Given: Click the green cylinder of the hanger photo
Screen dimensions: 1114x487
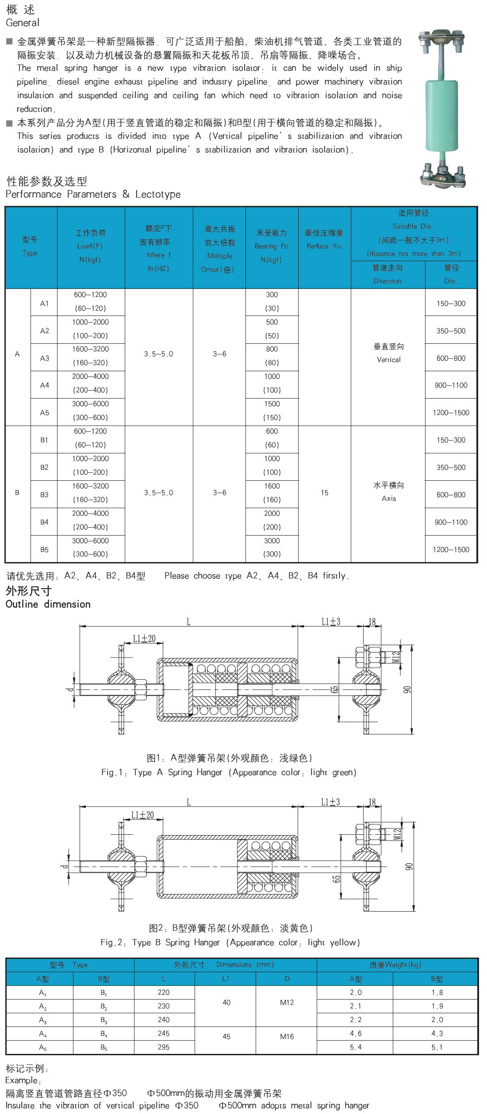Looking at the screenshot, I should click(442, 115).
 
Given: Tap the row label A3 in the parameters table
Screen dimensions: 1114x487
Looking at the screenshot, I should click(44, 358).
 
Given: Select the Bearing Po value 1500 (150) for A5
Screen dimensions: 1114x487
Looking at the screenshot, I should click(272, 411).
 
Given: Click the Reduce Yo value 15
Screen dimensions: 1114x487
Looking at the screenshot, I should click(324, 493).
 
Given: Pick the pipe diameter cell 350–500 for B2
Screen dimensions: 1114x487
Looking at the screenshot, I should click(451, 467).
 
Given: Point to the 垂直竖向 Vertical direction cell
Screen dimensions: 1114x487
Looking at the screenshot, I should click(388, 353).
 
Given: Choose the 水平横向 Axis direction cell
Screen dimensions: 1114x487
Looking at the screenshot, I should click(388, 491).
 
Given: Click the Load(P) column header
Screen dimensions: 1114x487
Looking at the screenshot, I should click(90, 246).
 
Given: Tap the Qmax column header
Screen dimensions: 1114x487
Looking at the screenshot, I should click(219, 249).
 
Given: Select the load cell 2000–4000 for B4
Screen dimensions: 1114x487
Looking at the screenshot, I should click(90, 520).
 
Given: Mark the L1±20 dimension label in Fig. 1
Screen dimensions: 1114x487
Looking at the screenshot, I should click(144, 639).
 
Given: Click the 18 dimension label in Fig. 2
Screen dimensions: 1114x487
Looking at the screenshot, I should click(372, 802).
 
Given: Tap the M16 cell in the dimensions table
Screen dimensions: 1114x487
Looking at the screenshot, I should click(287, 1036).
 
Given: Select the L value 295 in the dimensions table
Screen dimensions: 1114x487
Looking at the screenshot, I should click(164, 1047).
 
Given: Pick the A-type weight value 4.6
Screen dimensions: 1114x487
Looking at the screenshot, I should click(356, 1034).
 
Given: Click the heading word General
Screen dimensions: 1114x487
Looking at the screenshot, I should click(23, 23).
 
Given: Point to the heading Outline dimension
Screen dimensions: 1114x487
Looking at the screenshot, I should click(48, 604).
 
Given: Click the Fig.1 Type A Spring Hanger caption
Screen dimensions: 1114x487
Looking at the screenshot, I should click(229, 772).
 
